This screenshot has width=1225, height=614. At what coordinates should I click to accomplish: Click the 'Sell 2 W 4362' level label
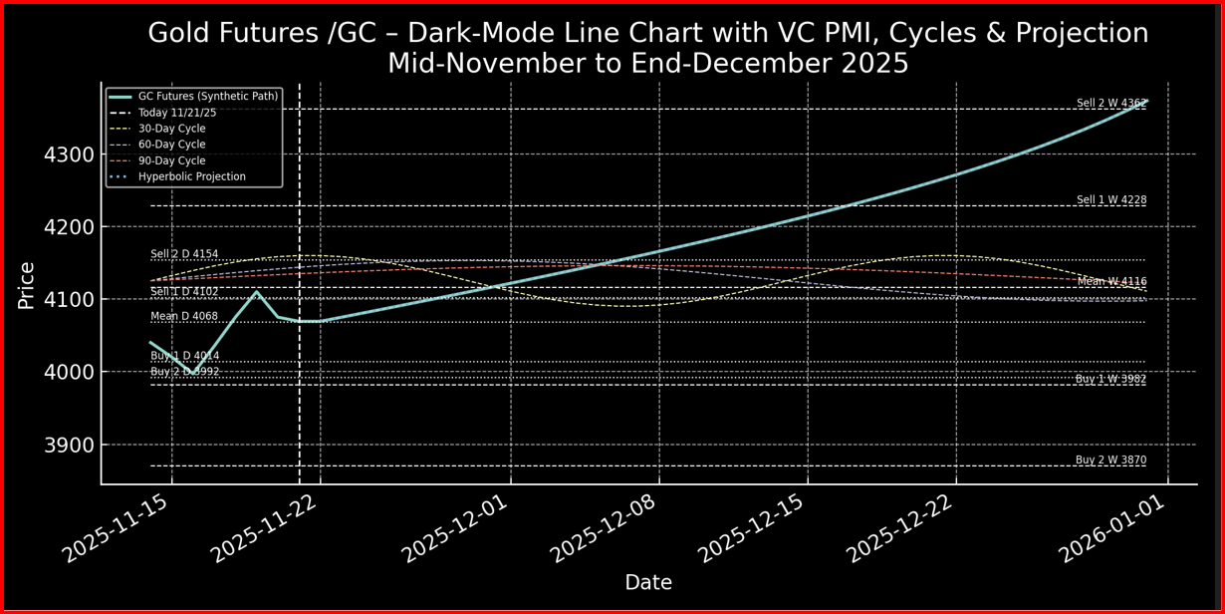[x=1110, y=104]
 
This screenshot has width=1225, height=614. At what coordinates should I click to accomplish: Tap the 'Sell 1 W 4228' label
[x=1110, y=200]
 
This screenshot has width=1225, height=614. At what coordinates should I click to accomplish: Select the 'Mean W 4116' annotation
[x=1111, y=282]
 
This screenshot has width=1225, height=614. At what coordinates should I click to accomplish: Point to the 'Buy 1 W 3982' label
[x=1110, y=379]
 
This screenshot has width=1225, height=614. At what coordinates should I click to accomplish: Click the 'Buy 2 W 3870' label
[x=1110, y=460]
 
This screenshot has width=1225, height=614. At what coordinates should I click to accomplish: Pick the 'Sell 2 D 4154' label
[x=184, y=254]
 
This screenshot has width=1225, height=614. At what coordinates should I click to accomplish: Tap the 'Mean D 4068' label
[x=184, y=317]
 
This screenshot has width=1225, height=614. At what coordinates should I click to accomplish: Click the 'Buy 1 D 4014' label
[x=185, y=356]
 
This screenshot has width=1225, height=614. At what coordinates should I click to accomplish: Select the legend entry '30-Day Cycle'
[x=171, y=129]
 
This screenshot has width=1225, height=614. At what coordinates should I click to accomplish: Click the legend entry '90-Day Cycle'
[x=171, y=160]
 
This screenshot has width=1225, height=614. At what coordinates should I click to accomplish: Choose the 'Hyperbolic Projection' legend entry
[x=191, y=176]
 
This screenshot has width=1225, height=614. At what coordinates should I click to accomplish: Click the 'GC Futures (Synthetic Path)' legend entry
[x=208, y=97]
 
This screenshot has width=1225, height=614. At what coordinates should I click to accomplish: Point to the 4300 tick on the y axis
[x=69, y=155]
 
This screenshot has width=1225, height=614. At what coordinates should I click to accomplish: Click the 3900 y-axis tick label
[x=69, y=446]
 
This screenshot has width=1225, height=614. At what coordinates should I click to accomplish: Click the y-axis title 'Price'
[x=27, y=285]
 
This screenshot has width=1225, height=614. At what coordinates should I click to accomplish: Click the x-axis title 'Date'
[x=648, y=583]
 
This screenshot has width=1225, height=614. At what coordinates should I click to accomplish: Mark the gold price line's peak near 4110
[x=257, y=292]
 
